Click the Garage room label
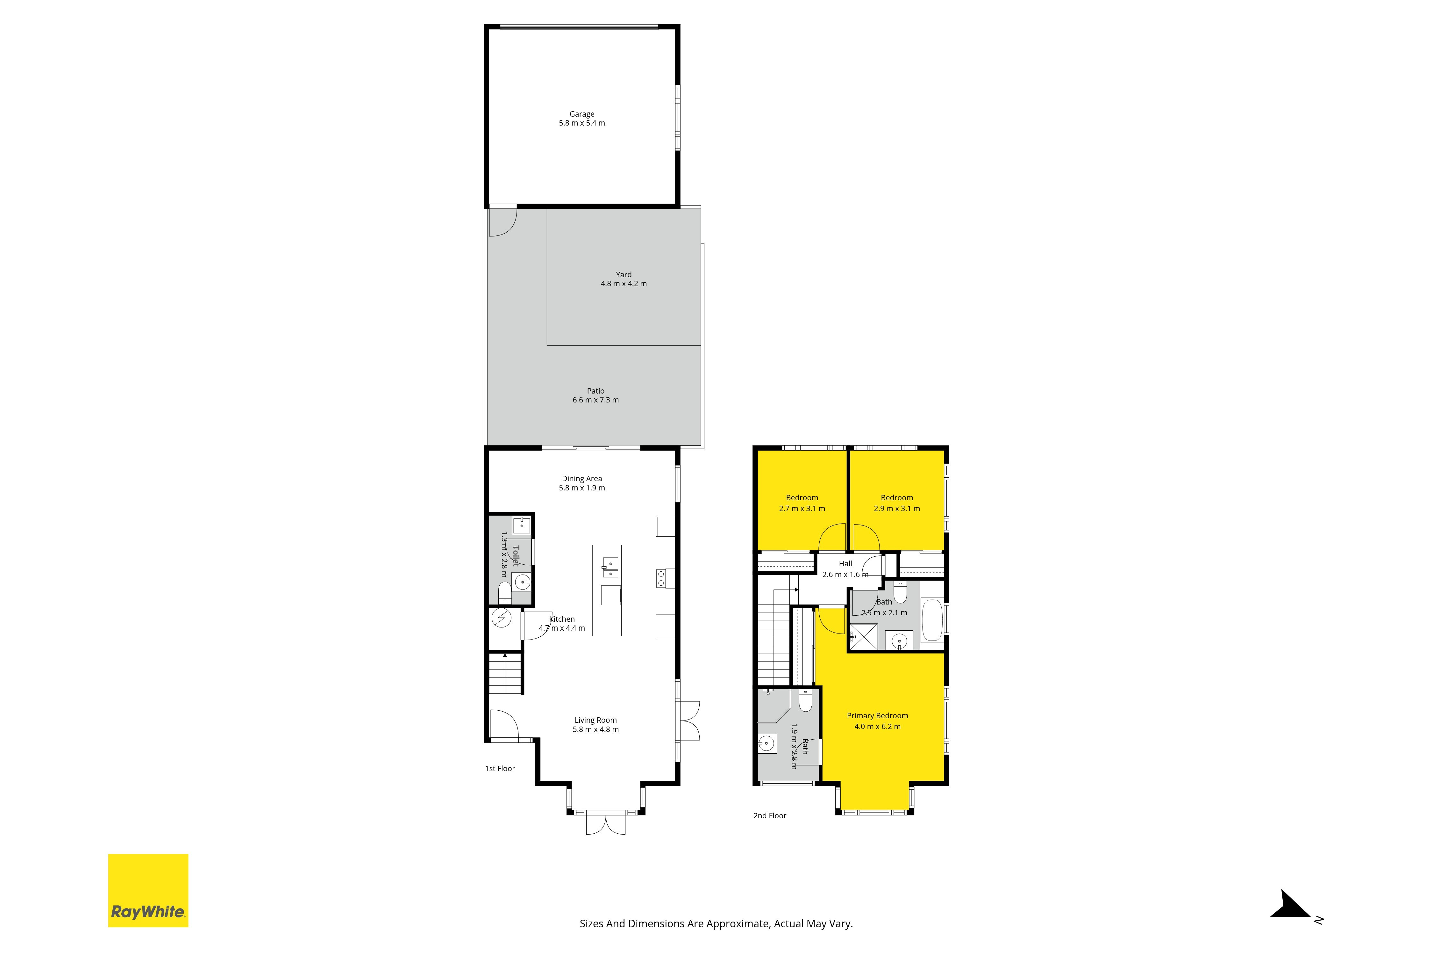582,114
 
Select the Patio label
596,391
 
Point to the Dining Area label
582,479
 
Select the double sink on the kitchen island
610,567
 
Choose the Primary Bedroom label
877,716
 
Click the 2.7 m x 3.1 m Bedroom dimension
802,509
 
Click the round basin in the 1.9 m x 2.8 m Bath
767,744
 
